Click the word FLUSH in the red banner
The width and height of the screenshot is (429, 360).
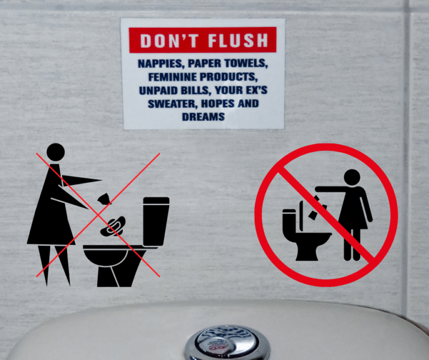[x=238, y=40]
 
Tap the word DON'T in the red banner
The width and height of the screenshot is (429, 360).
[x=169, y=40]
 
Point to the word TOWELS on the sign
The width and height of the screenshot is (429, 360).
[x=246, y=63]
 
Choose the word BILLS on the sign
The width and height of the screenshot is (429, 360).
[x=196, y=91]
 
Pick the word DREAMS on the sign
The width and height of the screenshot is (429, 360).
[x=203, y=117]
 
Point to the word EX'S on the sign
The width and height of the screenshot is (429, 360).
[x=256, y=90]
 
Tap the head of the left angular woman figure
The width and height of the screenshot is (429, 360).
[x=55, y=152]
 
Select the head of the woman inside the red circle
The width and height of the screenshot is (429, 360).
[x=352, y=177]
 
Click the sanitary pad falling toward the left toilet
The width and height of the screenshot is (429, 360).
[x=113, y=226]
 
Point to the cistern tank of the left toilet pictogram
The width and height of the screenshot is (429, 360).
[x=155, y=221]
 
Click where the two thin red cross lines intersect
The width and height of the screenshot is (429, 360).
[x=98, y=215]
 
